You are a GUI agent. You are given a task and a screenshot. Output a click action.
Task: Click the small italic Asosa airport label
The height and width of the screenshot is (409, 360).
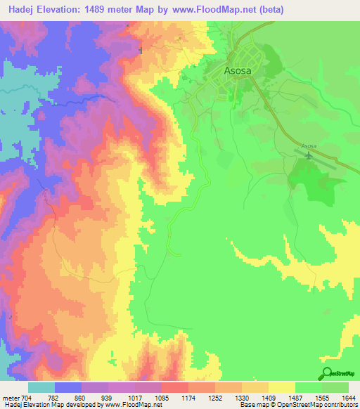tap(309, 145)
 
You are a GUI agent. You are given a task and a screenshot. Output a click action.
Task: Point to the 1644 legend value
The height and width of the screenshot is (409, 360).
tap(348, 398)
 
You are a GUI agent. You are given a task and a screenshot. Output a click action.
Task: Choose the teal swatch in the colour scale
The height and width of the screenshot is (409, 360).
tap(41, 387)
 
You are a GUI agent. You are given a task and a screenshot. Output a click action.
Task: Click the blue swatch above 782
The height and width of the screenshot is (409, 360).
tap(68, 387)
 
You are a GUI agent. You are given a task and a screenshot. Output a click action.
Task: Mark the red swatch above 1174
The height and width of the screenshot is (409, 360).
tap(174, 387)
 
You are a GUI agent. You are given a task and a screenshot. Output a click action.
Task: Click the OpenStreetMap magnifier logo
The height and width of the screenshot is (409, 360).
tap(326, 373)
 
